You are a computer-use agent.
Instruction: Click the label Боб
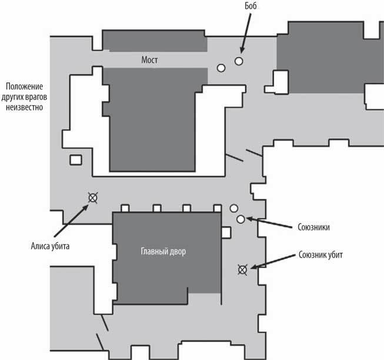[251, 6]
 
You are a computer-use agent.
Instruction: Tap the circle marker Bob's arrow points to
[239, 61]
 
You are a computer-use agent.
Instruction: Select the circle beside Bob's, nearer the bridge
[221, 68]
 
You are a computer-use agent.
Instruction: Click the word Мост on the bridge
[149, 60]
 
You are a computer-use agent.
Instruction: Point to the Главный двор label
[163, 252]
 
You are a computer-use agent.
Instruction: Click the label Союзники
[313, 227]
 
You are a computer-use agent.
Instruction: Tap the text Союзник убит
[320, 255]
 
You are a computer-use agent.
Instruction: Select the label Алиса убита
[50, 246]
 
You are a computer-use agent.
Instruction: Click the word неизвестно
[24, 107]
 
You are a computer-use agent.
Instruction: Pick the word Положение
[24, 86]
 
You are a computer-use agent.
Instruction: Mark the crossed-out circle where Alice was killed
[93, 198]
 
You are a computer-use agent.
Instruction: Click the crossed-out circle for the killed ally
[243, 270]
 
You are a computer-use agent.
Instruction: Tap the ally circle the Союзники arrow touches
[241, 219]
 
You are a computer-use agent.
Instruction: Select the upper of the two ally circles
[234, 208]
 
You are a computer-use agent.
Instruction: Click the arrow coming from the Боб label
[246, 33]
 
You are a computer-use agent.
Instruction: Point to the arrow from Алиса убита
[71, 221]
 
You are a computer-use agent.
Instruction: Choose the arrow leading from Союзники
[269, 223]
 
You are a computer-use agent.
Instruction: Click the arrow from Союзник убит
[273, 262]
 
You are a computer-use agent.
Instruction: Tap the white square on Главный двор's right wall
[226, 232]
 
